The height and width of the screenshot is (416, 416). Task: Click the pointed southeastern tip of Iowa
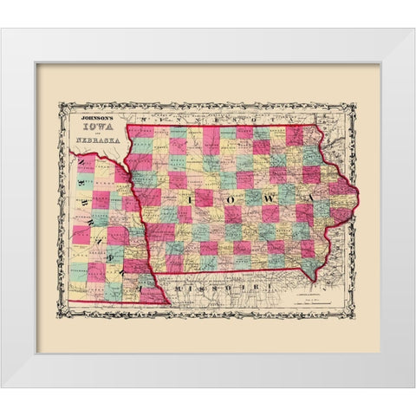pos(311,280)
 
